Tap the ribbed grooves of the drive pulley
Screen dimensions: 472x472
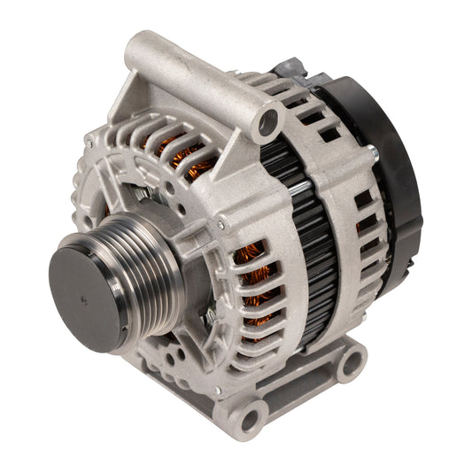133,283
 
